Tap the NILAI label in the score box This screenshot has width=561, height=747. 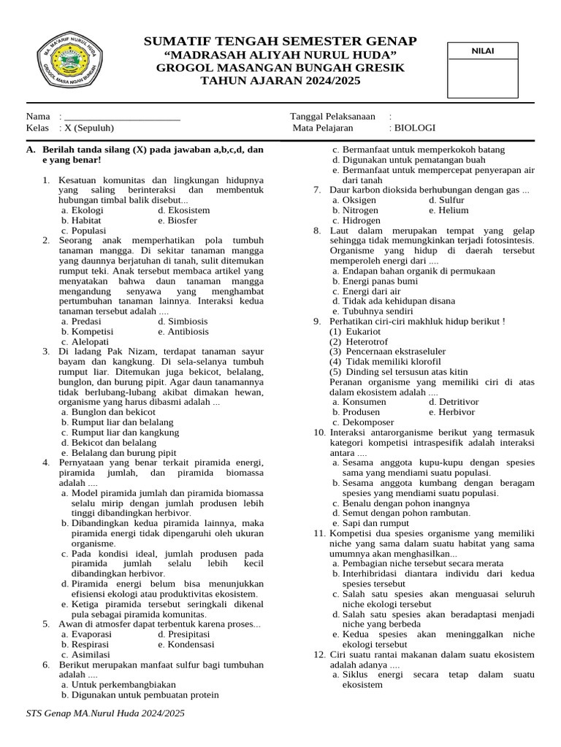pos(482,50)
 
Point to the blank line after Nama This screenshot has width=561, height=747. pos(122,117)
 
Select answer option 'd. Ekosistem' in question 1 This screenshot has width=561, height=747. pos(183,210)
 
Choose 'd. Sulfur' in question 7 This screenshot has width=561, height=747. pos(446,200)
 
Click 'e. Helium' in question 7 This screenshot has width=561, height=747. pos(449,210)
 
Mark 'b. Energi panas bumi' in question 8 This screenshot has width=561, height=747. pos(375,281)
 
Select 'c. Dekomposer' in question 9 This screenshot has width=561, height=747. pos(363,422)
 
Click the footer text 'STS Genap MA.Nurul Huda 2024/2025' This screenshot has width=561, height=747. pos(105,713)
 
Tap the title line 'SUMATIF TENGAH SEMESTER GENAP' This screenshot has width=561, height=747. pos(280,42)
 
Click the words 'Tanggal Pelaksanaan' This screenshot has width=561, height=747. pos(333,117)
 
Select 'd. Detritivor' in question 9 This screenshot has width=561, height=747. pos(454,402)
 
